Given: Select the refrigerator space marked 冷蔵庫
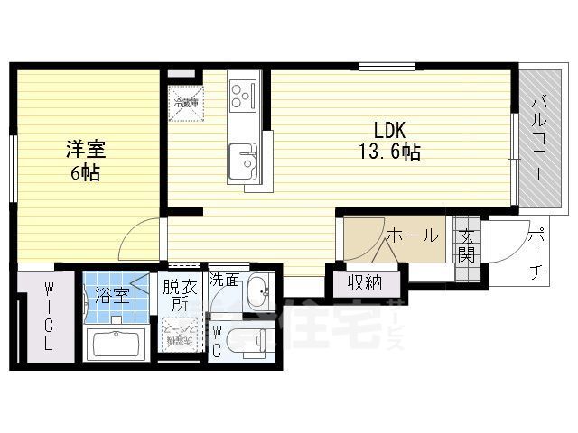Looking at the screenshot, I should point(187,100).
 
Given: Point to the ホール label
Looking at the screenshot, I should point(412,235).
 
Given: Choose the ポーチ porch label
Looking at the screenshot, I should point(535,253).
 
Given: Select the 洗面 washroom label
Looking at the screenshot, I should point(225,281).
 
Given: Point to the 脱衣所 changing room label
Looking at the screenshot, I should point(177,297).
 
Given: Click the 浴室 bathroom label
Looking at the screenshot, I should point(112,295).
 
